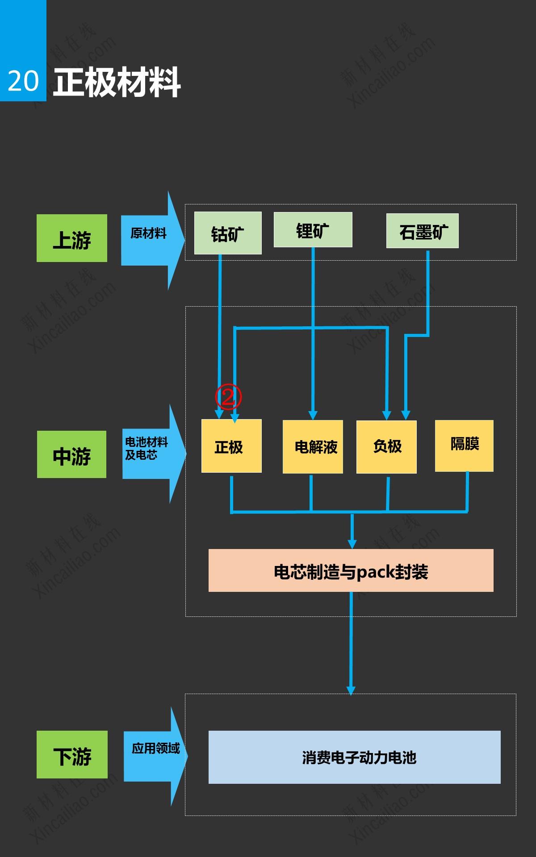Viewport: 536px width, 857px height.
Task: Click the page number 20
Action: tap(23, 81)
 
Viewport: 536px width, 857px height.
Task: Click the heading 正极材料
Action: tap(117, 82)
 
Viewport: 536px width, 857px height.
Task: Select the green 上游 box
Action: tap(72, 238)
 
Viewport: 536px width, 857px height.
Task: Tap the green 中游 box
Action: tap(71, 454)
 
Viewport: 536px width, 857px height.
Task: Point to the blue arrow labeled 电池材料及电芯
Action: tap(152, 453)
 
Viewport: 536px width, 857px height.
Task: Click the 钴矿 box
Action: tap(228, 233)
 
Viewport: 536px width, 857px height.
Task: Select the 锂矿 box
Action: tap(313, 230)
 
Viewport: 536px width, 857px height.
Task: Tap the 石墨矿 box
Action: tap(422, 231)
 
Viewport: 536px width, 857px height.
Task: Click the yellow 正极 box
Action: tap(231, 446)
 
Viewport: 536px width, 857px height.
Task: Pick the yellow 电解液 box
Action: tap(313, 446)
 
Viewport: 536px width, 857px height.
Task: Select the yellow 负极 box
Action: tap(386, 446)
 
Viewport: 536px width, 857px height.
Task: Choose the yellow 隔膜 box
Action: tap(464, 445)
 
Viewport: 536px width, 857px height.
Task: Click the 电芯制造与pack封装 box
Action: tap(351, 570)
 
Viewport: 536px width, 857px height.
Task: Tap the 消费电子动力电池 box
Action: tap(354, 757)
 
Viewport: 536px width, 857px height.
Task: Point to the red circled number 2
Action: tap(228, 396)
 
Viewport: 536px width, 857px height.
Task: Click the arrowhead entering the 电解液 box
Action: tap(313, 415)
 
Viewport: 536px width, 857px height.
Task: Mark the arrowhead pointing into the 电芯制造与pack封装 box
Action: tap(352, 544)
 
